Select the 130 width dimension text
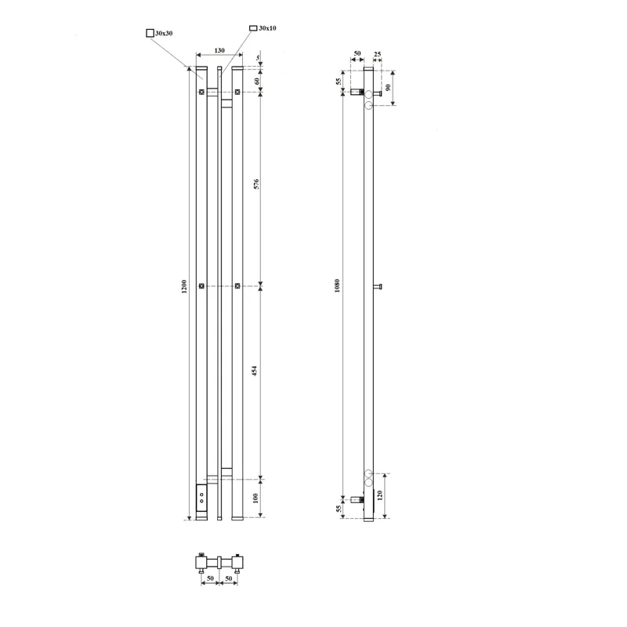click(219, 50)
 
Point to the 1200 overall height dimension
click(184, 286)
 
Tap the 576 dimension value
click(256, 184)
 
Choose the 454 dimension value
click(254, 371)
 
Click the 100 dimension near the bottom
click(256, 498)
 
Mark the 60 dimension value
click(257, 82)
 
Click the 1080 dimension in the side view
click(337, 286)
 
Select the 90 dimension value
click(388, 87)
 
